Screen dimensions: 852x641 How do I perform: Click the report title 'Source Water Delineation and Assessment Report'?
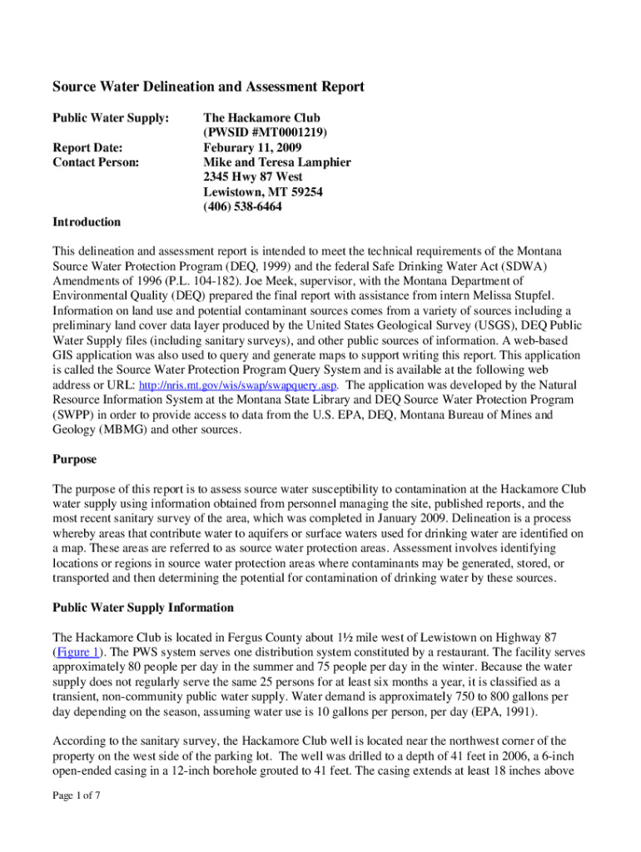tap(208, 87)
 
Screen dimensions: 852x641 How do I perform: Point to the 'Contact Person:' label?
tap(96, 162)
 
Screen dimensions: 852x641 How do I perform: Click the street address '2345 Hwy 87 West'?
tap(253, 177)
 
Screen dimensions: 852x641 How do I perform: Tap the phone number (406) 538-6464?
tap(242, 207)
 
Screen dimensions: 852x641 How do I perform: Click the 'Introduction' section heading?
tap(87, 222)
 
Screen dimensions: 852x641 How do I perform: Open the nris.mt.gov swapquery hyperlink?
tap(237, 386)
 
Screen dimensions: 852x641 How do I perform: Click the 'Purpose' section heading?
tap(75, 459)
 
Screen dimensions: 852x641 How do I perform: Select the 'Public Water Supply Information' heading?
tap(143, 607)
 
